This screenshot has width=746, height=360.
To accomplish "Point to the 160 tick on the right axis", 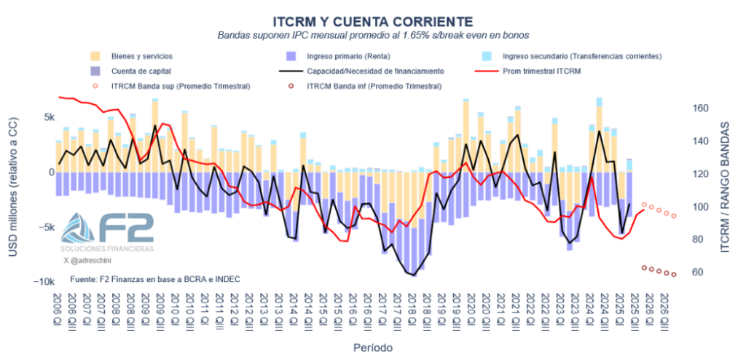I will tap(699, 109).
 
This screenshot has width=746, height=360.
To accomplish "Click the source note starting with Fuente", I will tap(155, 279).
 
